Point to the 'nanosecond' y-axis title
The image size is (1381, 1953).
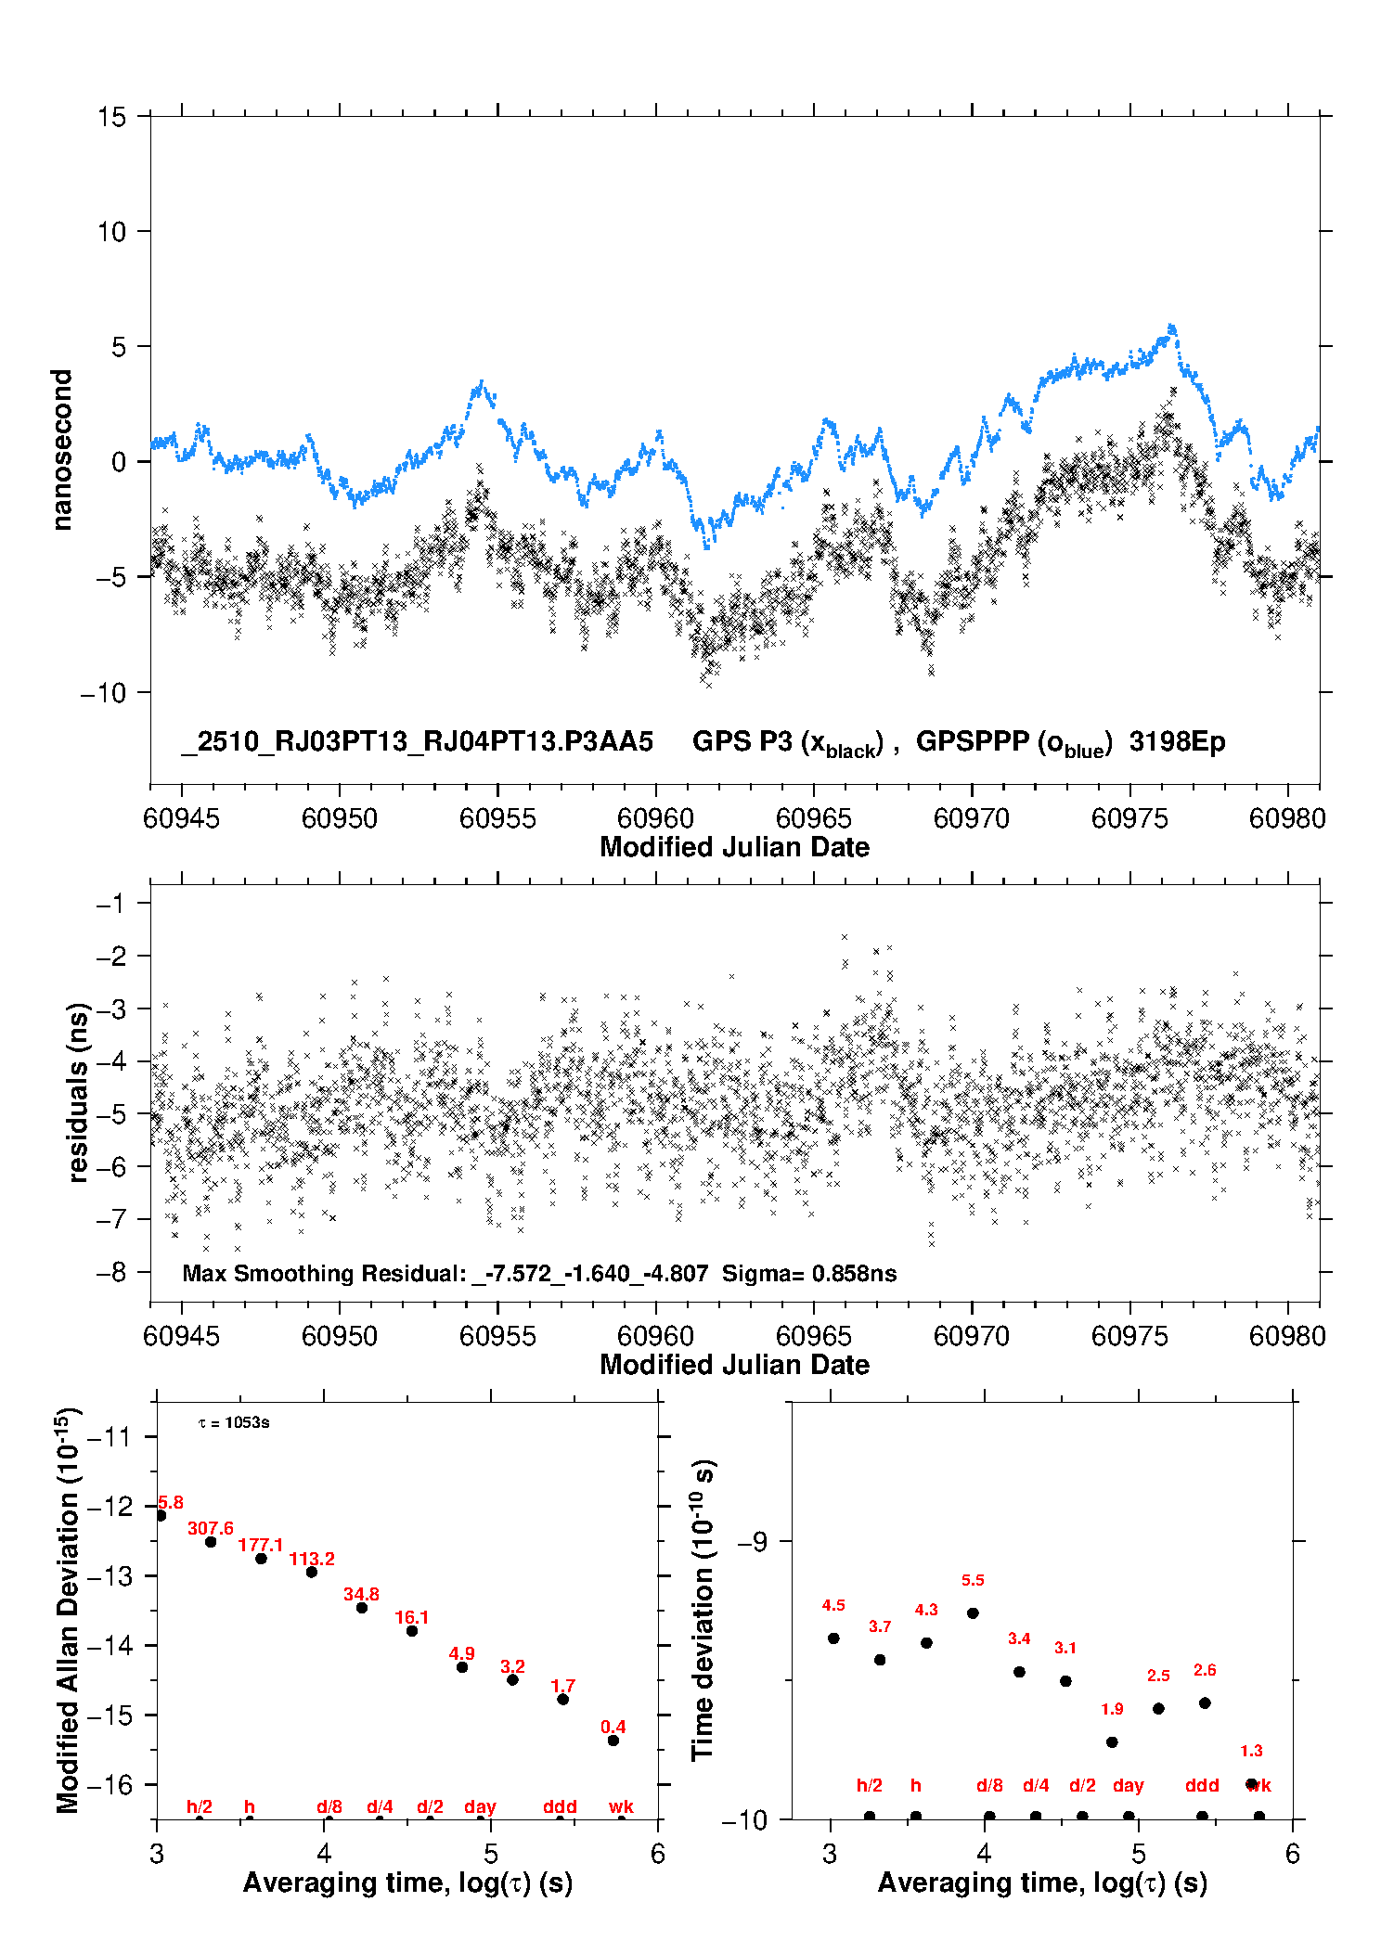coord(61,450)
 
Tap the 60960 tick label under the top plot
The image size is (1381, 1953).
coord(655,818)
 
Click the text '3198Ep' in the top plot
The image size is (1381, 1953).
coord(1177,741)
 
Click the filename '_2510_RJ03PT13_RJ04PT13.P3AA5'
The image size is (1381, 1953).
coord(418,741)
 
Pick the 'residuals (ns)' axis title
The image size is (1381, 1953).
coord(78,1092)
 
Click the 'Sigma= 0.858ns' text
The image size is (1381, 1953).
coord(809,1274)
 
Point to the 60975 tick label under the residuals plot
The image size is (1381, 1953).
coord(1129,1336)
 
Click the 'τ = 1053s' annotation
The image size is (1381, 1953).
coord(234,1423)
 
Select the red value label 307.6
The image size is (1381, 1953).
coord(211,1528)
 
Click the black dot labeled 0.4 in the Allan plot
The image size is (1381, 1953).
coord(613,1741)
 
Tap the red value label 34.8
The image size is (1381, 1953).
coord(361,1594)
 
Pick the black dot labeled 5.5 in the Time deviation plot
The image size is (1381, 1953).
coord(973,1613)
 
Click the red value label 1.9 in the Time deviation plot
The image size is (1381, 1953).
coord(1112,1709)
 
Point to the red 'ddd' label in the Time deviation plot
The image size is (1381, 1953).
coord(1202,1785)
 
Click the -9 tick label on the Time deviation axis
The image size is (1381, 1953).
coord(752,1541)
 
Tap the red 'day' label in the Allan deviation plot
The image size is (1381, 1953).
coord(480,1806)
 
